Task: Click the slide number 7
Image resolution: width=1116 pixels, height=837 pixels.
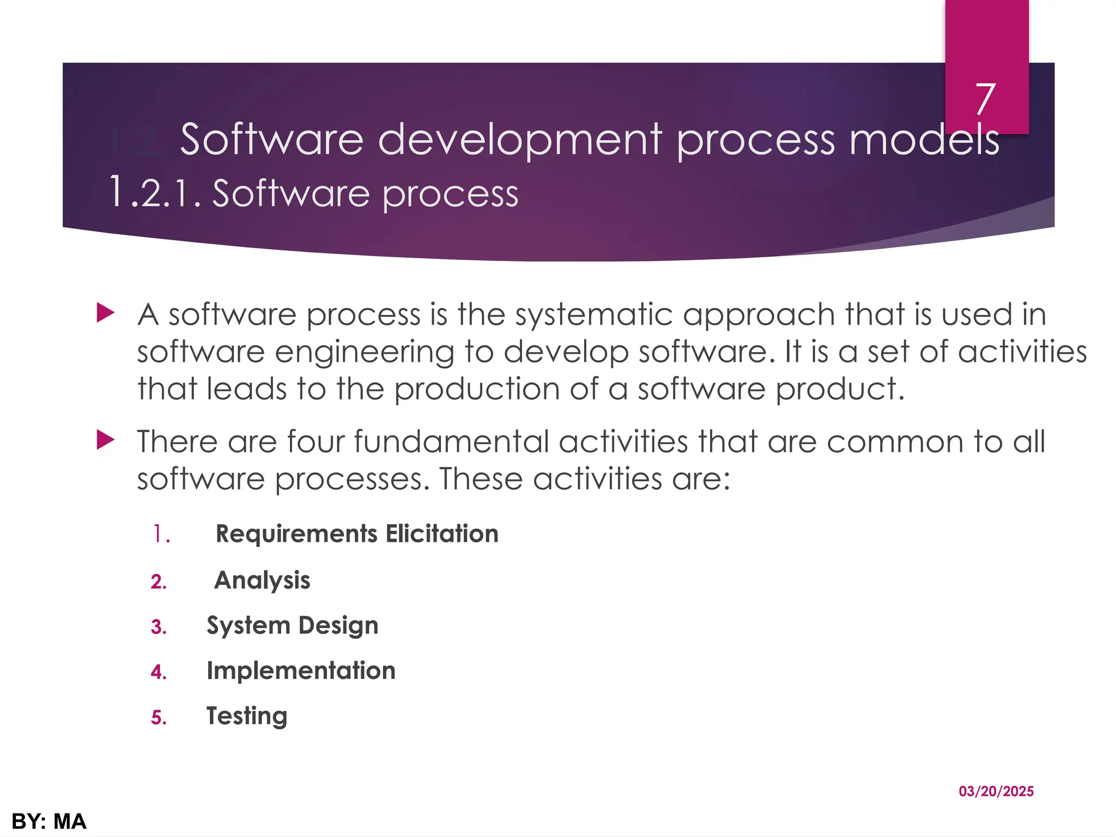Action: click(986, 99)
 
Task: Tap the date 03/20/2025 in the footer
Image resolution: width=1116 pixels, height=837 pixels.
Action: click(996, 791)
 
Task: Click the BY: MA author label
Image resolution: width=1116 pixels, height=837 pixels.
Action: click(49, 821)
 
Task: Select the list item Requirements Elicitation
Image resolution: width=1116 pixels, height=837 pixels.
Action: click(357, 533)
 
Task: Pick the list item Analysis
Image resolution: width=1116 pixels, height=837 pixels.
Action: click(262, 580)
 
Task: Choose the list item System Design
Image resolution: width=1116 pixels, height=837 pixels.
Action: click(292, 626)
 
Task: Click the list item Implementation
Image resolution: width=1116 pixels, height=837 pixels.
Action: click(301, 671)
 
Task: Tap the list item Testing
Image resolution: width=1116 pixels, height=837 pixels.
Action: click(247, 716)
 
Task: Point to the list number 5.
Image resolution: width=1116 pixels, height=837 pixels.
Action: click(158, 718)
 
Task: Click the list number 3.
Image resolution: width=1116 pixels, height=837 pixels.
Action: click(158, 627)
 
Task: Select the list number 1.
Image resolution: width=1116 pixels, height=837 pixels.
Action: click(160, 534)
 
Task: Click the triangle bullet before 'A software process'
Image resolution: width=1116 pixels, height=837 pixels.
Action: click(105, 313)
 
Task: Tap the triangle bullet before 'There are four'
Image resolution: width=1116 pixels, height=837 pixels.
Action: click(105, 440)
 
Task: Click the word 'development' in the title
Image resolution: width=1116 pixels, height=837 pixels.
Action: click(520, 140)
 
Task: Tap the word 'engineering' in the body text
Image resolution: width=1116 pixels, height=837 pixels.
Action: click(365, 353)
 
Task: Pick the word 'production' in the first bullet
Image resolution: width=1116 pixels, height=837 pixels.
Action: click(477, 390)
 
